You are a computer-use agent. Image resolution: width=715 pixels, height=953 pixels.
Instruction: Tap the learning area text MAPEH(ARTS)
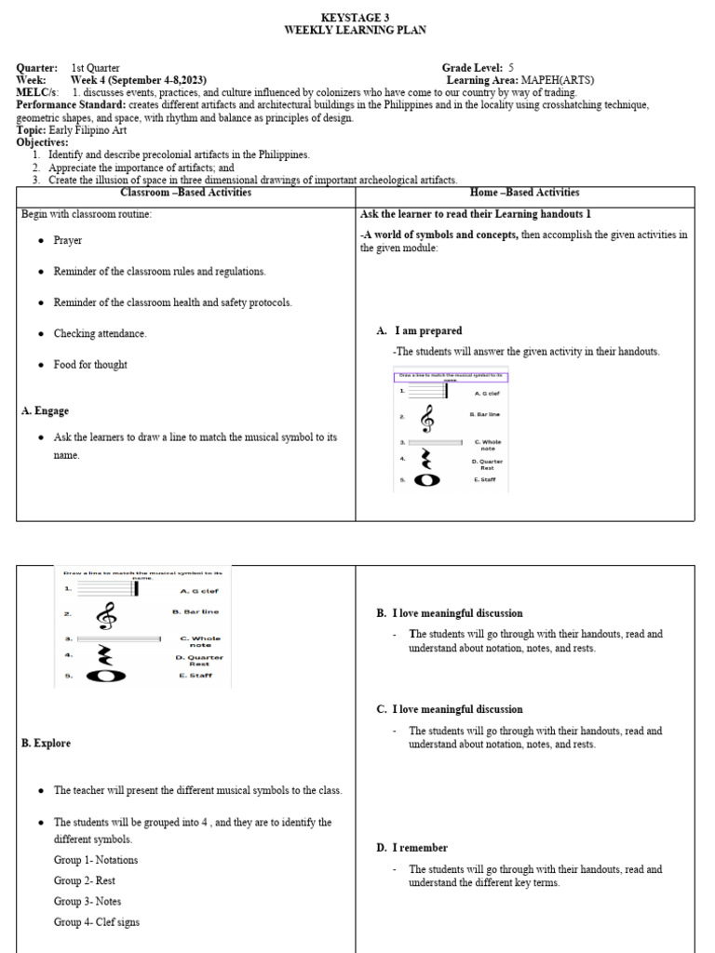[x=558, y=81]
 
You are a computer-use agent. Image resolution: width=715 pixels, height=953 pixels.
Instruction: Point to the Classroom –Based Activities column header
[x=186, y=193]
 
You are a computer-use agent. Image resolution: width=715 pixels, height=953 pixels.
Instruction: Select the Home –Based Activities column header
[x=525, y=193]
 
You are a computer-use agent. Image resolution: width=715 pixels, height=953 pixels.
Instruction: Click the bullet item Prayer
[x=67, y=240]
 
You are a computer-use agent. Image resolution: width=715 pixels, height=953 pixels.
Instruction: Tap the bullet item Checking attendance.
[x=100, y=333]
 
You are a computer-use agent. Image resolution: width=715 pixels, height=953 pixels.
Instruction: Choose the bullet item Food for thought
[x=90, y=365]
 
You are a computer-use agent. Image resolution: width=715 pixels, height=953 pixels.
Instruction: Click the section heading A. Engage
[x=45, y=410]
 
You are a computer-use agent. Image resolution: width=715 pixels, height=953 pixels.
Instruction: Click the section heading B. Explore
[x=46, y=744]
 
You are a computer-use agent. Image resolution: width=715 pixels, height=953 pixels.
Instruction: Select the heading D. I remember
[x=411, y=848]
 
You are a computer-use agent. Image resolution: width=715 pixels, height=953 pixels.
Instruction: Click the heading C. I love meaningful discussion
[x=450, y=709]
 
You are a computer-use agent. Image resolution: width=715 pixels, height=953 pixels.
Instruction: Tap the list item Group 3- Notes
[x=88, y=901]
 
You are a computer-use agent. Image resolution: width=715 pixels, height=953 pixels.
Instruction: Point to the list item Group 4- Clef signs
[x=98, y=921]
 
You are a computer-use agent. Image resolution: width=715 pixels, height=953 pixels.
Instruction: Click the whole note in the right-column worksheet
[x=426, y=480]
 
